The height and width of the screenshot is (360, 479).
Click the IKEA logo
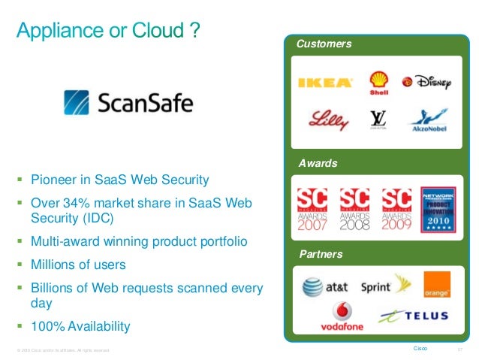click(324, 83)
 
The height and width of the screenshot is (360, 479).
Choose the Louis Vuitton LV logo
click(378, 119)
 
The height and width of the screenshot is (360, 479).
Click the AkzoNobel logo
click(427, 121)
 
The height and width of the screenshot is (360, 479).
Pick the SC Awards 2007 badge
click(312, 209)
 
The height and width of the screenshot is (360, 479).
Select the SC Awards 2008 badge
click(354, 209)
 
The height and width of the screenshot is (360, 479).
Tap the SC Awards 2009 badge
click(396, 209)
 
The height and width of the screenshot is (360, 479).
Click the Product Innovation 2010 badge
click(438, 208)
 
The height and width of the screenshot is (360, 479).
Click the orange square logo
click(437, 284)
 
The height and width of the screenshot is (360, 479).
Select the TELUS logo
click(414, 316)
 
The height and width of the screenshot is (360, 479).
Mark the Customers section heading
click(324, 44)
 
